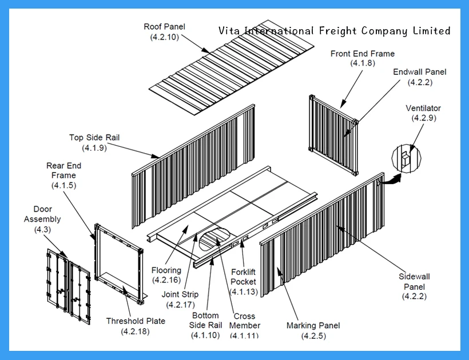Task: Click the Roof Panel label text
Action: click(164, 27)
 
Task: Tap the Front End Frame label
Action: click(362, 54)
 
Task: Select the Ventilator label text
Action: click(423, 108)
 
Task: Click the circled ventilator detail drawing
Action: click(405, 158)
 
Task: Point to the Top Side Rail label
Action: click(94, 138)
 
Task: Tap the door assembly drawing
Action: click(68, 286)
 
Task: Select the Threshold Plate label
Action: click(136, 321)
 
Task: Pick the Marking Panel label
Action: click(313, 326)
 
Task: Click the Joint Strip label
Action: click(180, 294)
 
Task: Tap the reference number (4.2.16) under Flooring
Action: click(166, 280)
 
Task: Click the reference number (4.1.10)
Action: click(205, 335)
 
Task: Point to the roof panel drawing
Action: click(231, 69)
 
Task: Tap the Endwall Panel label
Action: click(420, 72)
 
